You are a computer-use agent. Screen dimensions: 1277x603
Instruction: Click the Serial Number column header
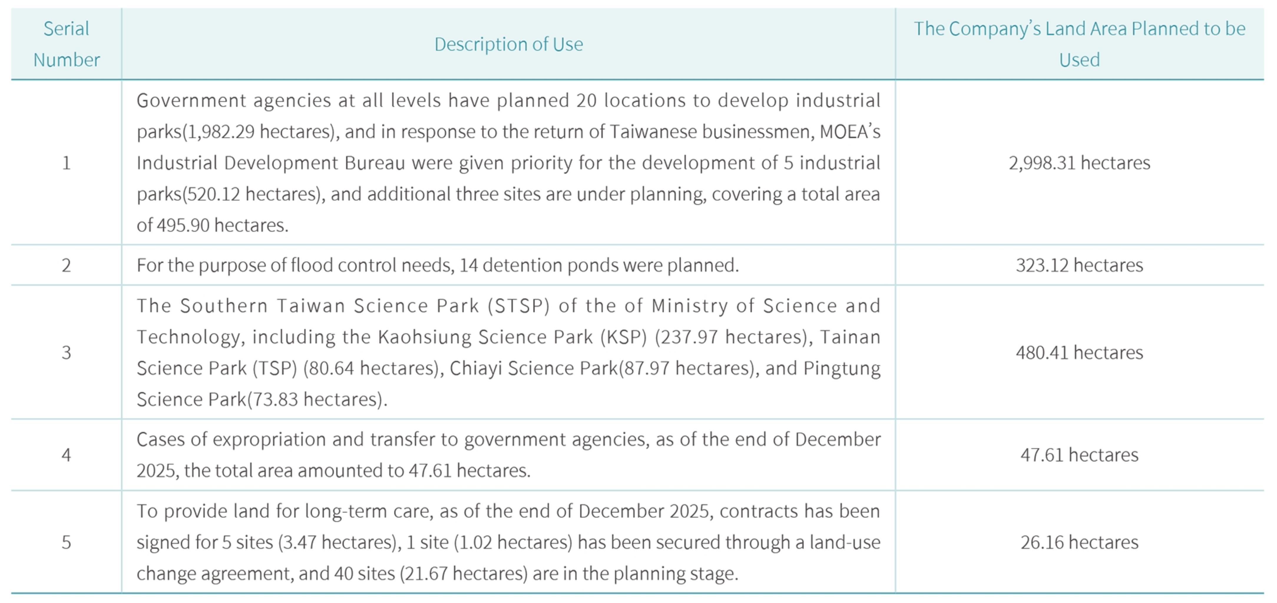tap(67, 44)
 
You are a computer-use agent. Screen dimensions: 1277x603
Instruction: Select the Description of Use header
tap(509, 44)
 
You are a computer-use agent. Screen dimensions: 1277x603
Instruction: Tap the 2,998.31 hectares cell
tap(1079, 163)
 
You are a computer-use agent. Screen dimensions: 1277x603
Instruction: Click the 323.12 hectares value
tap(1079, 265)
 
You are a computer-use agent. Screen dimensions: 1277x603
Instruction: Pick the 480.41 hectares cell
tap(1079, 352)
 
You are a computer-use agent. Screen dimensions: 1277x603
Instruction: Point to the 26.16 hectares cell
tap(1079, 542)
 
